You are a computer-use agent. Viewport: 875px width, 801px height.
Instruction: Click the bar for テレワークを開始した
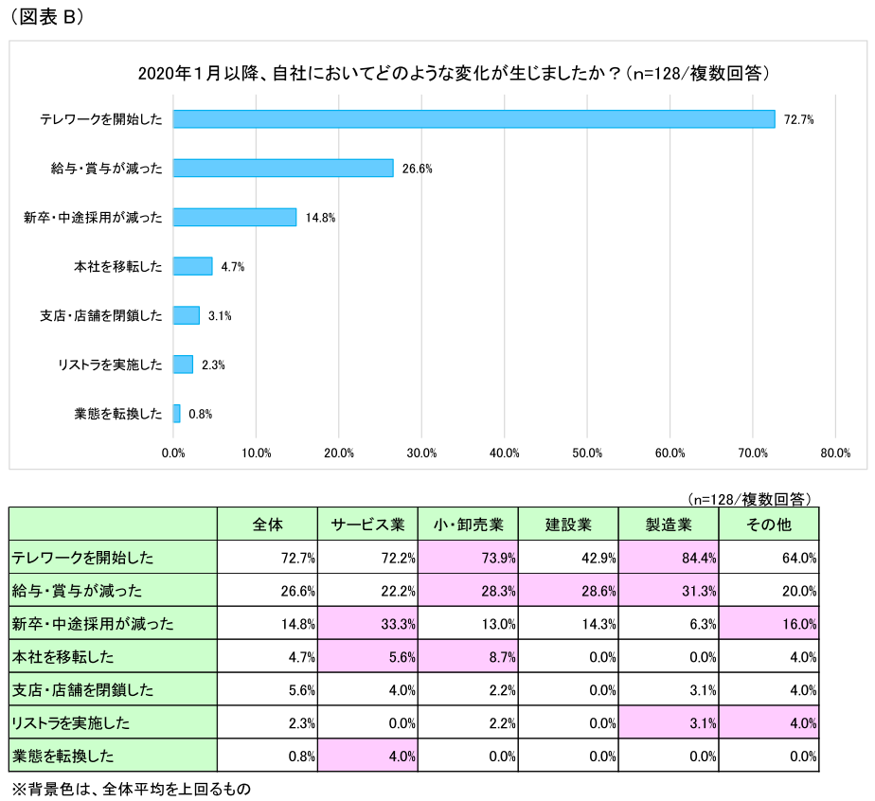point(473,118)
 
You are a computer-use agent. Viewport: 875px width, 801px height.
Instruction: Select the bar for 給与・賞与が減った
point(283,168)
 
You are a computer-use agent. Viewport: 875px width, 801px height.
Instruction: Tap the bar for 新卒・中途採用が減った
point(234,217)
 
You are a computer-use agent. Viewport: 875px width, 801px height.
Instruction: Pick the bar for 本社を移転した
point(192,266)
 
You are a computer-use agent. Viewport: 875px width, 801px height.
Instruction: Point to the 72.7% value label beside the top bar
point(799,119)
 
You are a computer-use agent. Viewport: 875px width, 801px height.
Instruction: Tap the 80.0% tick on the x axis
point(835,453)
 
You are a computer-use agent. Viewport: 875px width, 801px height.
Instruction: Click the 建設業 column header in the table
point(568,524)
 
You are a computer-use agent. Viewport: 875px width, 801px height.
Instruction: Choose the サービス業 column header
point(368,524)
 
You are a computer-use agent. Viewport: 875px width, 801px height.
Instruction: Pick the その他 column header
point(769,524)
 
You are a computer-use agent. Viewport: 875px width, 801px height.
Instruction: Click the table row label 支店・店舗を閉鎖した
point(83,690)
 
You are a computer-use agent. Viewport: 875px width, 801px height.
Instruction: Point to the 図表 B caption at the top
point(46,16)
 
